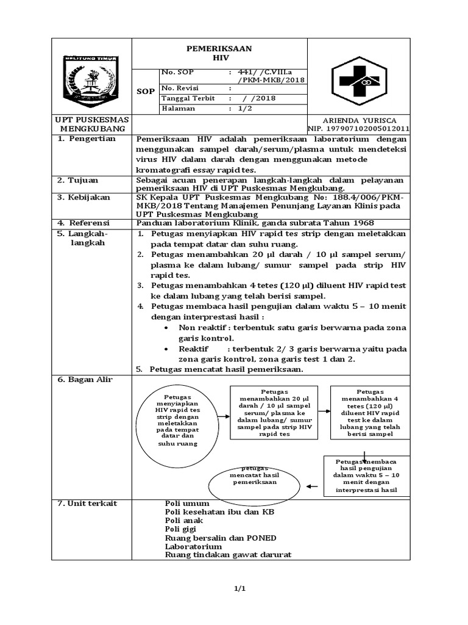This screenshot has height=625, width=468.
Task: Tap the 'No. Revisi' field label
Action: click(181, 88)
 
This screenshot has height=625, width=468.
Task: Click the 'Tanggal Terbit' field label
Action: click(187, 98)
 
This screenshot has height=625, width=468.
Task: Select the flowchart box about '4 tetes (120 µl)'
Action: click(366, 412)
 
